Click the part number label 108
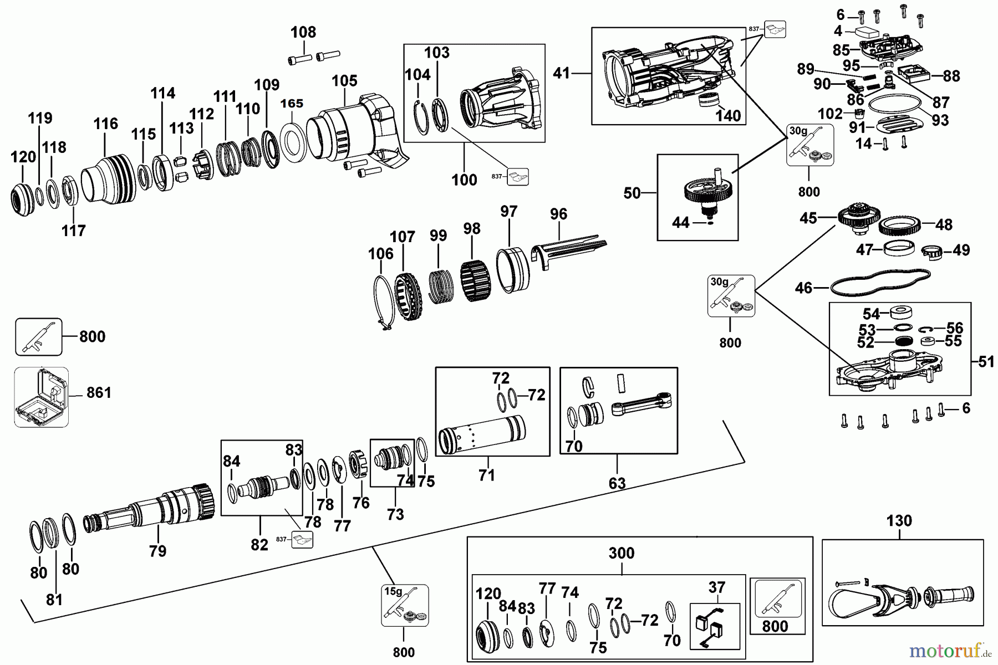pyautogui.click(x=303, y=32)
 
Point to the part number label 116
pyautogui.click(x=106, y=124)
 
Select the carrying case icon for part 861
pyautogui.click(x=42, y=397)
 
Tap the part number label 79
pyautogui.click(x=157, y=551)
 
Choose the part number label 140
pyautogui.click(x=728, y=116)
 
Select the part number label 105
pyautogui.click(x=345, y=81)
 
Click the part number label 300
pyautogui.click(x=621, y=553)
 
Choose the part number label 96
pyautogui.click(x=558, y=214)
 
